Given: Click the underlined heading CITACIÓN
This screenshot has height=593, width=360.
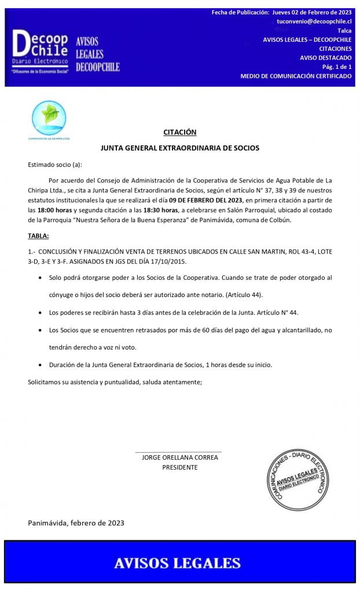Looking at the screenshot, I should (x=179, y=132).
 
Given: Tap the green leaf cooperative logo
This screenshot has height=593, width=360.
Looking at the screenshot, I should (x=49, y=118).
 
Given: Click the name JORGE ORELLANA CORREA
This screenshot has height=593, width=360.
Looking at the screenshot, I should (x=179, y=457).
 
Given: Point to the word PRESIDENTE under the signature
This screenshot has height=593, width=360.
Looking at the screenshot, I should (x=179, y=467).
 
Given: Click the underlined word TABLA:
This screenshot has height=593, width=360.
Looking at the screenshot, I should (x=38, y=236).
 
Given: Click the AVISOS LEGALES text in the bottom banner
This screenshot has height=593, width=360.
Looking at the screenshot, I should (x=177, y=563).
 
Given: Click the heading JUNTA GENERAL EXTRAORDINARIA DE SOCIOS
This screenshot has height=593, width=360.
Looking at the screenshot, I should (x=179, y=148).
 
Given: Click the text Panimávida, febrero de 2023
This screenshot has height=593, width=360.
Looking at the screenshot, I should (x=76, y=522).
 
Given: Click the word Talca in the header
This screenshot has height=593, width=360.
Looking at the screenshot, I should (x=344, y=30).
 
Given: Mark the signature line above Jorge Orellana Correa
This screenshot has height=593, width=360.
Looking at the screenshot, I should (x=178, y=451).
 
